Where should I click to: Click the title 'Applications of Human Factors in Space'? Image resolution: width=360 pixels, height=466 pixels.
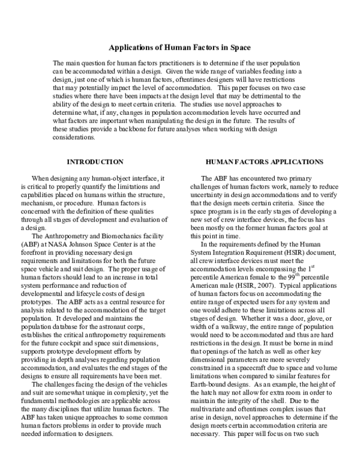click(180, 47)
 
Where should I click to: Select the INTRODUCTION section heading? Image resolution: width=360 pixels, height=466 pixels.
click(95, 162)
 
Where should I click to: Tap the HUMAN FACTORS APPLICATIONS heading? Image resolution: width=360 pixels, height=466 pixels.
click(265, 162)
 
